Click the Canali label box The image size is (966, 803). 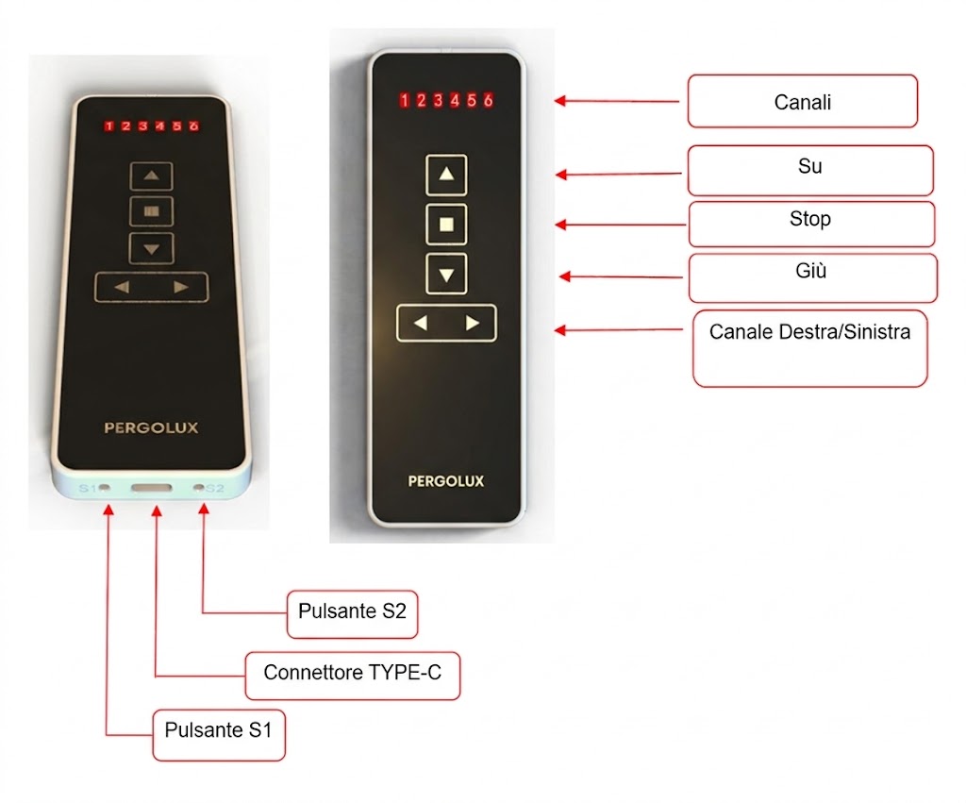click(x=802, y=102)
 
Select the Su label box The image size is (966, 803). click(x=810, y=170)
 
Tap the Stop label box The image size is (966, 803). click(x=811, y=224)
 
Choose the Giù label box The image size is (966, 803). click(x=812, y=278)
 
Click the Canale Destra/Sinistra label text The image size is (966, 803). click(x=809, y=332)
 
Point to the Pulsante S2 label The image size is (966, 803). click(x=353, y=614)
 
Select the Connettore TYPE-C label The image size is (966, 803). click(x=353, y=676)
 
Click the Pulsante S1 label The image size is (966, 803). click(x=219, y=735)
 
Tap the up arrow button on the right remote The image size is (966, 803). click(x=446, y=175)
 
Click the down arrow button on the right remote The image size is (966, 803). click(x=446, y=274)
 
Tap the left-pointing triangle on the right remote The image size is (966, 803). click(x=421, y=323)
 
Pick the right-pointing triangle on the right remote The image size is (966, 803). click(x=472, y=323)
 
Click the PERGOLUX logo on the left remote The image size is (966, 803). click(x=151, y=427)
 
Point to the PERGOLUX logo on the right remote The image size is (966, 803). click(x=446, y=481)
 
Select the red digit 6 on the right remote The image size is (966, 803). click(x=488, y=100)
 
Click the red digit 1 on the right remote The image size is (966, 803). click(x=404, y=100)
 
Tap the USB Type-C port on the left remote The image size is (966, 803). click(x=152, y=488)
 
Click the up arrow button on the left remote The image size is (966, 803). click(x=152, y=176)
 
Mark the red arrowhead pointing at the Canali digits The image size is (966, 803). click(x=560, y=100)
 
